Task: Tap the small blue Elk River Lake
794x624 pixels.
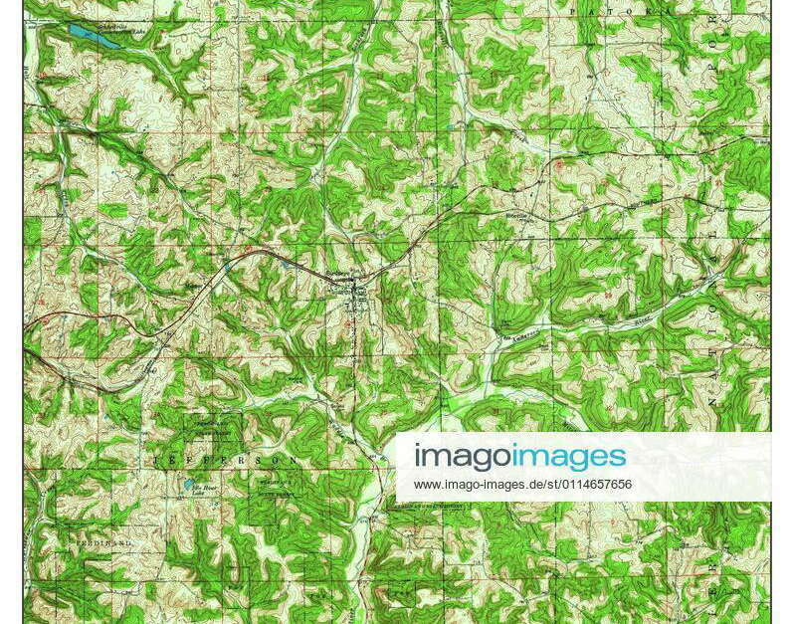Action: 188,486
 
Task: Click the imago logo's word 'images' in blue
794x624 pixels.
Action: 569,457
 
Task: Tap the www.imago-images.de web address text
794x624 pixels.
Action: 522,485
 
